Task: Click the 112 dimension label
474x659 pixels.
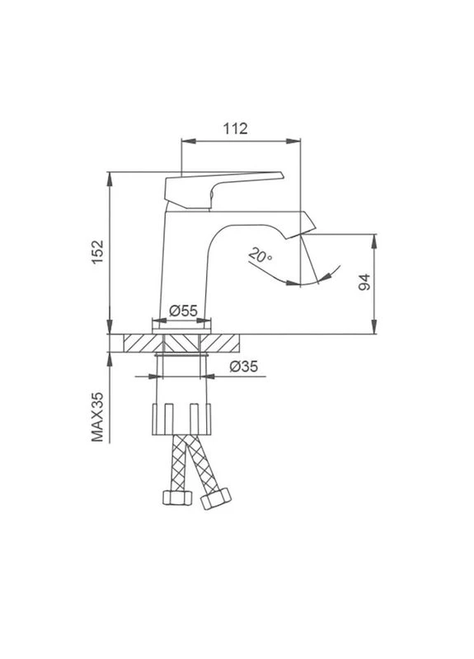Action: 235,129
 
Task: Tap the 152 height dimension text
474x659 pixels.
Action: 97,252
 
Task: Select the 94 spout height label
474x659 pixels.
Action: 364,282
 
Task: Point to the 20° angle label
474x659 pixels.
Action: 260,255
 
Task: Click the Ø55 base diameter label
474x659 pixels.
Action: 183,311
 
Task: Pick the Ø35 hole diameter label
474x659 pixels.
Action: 244,367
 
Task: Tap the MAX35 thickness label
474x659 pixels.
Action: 97,417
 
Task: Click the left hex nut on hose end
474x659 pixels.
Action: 177,498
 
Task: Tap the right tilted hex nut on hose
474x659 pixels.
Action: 216,498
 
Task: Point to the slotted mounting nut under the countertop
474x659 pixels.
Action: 181,419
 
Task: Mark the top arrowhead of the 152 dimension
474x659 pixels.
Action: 110,179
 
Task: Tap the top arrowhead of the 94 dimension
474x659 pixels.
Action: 374,241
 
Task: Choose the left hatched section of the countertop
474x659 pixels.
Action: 143,343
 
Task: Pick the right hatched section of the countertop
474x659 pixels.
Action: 219,343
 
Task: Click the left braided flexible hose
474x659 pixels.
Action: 178,462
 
